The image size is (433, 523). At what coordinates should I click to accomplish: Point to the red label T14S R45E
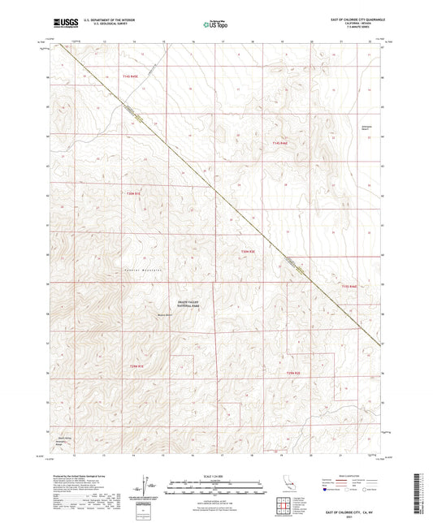(131, 76)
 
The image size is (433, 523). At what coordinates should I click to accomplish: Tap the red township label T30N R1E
(134, 193)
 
